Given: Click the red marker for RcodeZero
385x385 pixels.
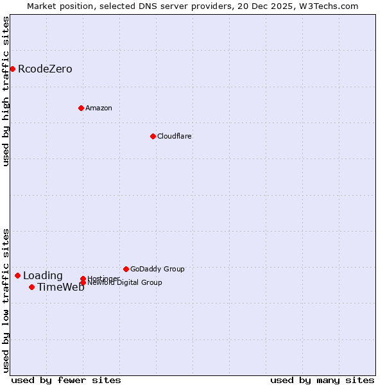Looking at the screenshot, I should [12, 69].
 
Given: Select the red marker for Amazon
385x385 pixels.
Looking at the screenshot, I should [81, 108].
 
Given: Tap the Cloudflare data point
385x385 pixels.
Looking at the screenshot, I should [153, 136].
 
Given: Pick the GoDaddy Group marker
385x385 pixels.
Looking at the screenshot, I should [126, 269].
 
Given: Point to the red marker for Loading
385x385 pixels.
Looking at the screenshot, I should [17, 275].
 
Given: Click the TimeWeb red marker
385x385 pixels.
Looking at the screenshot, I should [31, 287].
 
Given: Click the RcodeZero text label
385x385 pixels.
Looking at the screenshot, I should [45, 69].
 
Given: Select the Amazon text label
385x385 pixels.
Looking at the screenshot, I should [99, 108].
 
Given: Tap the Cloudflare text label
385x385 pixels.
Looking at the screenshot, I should [175, 136].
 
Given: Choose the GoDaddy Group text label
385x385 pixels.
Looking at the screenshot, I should [157, 269].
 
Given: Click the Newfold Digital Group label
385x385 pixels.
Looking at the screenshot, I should [124, 282].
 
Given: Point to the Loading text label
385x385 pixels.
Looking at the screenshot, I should [43, 276].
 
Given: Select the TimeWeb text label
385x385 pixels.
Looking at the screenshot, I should [60, 287].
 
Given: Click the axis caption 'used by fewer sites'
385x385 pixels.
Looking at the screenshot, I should [66, 380].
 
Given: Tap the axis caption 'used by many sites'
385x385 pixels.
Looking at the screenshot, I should [322, 380].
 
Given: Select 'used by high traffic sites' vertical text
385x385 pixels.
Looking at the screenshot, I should [6, 91].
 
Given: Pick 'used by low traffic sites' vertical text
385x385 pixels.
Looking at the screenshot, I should [6, 300].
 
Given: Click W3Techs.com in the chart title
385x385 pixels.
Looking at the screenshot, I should [328, 6].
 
